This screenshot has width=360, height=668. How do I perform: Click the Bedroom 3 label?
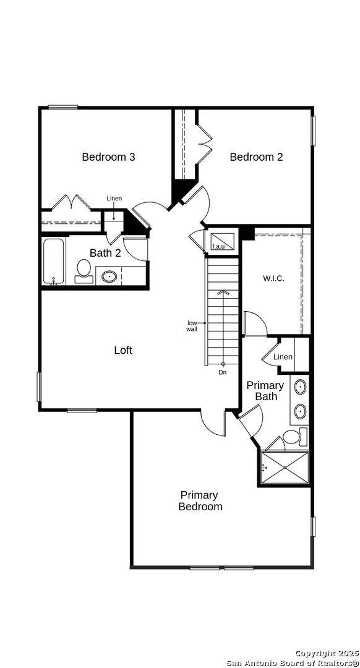[108, 157]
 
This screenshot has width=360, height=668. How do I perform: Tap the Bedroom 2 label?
[256, 157]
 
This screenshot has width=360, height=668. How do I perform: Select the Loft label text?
[123, 350]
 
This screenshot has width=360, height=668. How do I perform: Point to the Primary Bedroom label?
[200, 500]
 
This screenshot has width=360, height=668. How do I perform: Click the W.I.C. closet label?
[273, 278]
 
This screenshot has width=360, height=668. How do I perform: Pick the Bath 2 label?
[105, 253]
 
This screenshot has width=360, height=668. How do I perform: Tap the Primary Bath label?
[265, 391]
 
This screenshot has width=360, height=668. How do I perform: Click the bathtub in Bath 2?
[54, 262]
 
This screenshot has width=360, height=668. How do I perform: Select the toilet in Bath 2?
[84, 271]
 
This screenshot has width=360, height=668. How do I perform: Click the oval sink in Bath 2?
[109, 276]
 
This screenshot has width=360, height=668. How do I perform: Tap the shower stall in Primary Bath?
[284, 468]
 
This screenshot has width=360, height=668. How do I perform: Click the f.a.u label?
[218, 247]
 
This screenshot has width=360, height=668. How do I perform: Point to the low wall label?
[192, 326]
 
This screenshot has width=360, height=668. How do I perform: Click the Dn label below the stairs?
[223, 372]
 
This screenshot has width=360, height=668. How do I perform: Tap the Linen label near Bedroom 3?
[114, 199]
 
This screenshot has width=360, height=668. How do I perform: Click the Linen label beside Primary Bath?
[283, 357]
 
